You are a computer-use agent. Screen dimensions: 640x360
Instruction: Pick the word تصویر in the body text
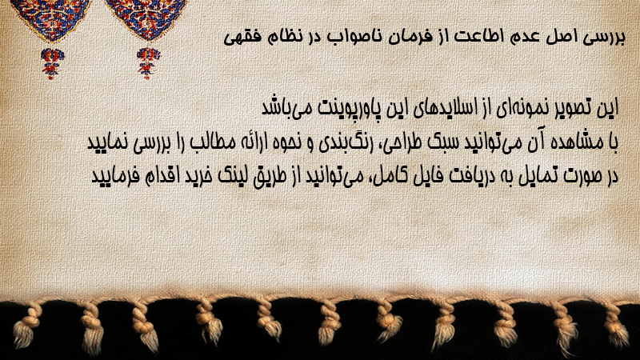click(x=567, y=108)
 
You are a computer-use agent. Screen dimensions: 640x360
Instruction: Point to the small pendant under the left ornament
click(x=52, y=63)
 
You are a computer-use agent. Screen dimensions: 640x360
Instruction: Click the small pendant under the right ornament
click(x=148, y=63)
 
